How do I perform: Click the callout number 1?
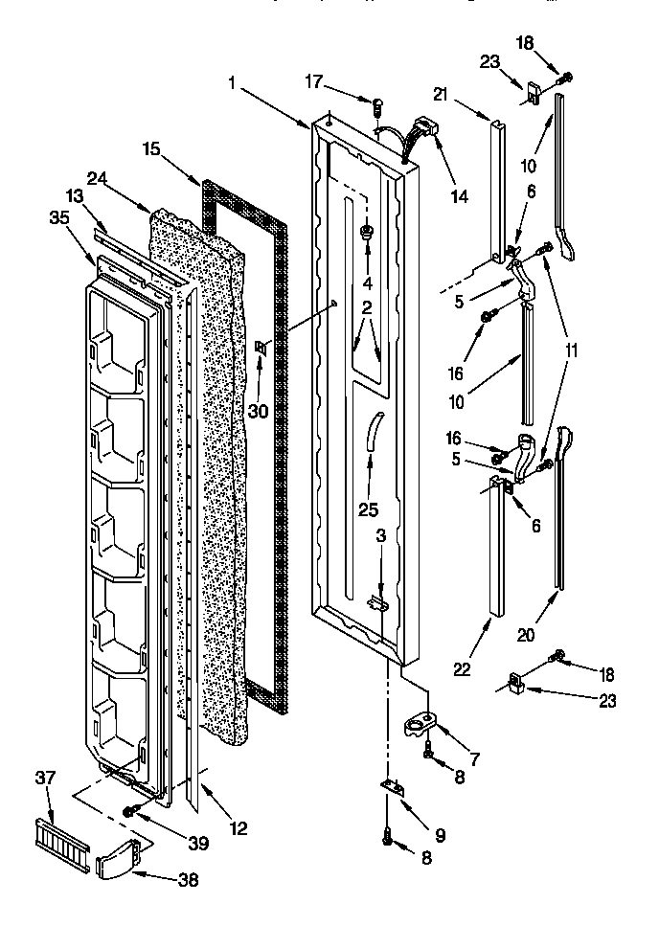click(x=233, y=83)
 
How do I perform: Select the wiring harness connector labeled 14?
click(x=421, y=128)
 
